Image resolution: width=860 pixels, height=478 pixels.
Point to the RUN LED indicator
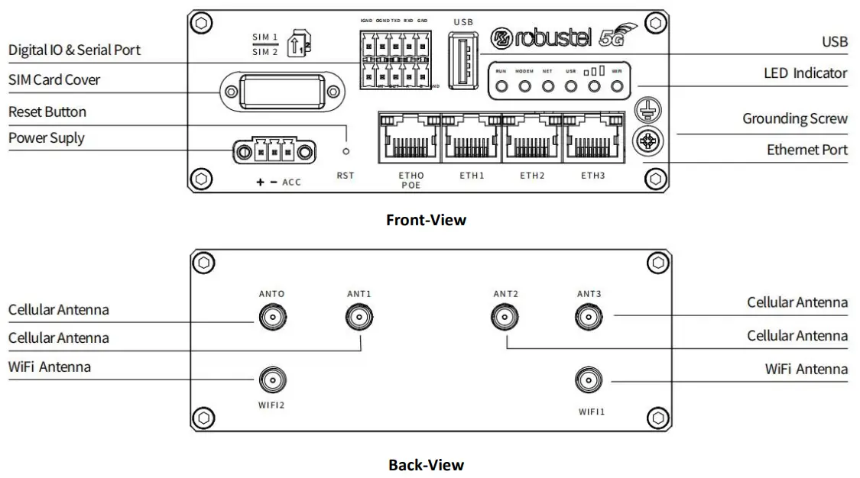tap(502, 86)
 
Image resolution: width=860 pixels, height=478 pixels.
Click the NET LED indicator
tap(548, 86)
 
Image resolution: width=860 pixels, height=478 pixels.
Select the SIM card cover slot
tap(281, 93)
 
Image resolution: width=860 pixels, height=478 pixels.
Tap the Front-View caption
tap(426, 220)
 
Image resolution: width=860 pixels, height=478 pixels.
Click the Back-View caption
tap(426, 464)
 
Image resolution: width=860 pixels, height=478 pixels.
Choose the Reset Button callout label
tap(47, 112)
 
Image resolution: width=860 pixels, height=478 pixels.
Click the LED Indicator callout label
tap(805, 73)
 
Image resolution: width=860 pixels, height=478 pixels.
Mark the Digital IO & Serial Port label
tap(74, 50)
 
